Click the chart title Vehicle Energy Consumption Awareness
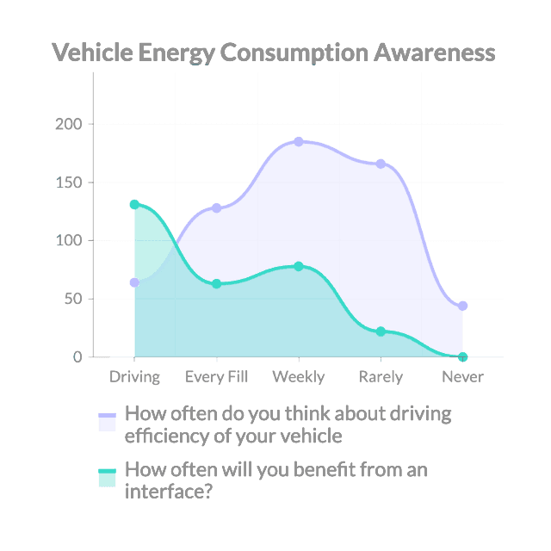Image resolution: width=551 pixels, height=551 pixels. tap(274, 53)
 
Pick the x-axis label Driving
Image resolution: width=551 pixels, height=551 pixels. tap(134, 377)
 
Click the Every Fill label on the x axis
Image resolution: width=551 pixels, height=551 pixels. tap(216, 377)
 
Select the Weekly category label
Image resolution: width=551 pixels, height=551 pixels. tap(299, 377)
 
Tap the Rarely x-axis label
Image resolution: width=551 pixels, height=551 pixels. tap(381, 377)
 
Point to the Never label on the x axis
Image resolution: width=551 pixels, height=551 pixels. tap(462, 377)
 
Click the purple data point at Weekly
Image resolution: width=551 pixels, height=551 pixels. tap(299, 141)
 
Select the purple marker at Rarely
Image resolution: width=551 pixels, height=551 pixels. tap(381, 164)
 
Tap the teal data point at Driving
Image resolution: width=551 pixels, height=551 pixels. tap(134, 204)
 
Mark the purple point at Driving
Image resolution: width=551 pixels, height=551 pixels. tap(134, 282)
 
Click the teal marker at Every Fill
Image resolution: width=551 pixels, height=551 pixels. tap(216, 283)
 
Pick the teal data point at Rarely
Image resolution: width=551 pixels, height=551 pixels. tap(381, 331)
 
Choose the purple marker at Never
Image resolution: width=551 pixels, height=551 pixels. tap(463, 306)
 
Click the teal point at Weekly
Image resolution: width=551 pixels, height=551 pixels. tap(299, 266)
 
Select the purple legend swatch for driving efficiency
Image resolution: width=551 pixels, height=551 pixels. tap(107, 422)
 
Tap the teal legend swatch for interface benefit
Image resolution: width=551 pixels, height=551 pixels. tap(107, 478)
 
